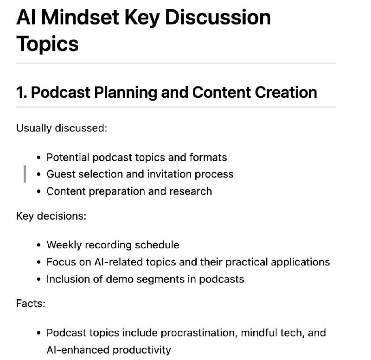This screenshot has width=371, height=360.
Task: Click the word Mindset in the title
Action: tap(80, 17)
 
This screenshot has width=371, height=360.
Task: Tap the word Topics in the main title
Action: tap(47, 44)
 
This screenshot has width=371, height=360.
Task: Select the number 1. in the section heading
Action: tap(21, 92)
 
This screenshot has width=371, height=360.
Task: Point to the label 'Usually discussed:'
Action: tap(62, 128)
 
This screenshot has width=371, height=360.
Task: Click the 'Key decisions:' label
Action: tap(51, 216)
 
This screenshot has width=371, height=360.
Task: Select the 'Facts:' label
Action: tap(31, 303)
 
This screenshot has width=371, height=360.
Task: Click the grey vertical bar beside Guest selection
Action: tap(25, 174)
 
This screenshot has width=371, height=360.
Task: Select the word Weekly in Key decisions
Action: tap(64, 245)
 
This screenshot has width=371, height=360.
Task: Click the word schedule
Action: tap(157, 245)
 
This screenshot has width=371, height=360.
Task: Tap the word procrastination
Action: tap(199, 333)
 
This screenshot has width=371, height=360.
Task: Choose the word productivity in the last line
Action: tap(141, 350)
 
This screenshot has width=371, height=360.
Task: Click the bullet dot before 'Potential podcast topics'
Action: tap(39, 158)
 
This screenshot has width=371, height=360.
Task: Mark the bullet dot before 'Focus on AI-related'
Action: tap(39, 262)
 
